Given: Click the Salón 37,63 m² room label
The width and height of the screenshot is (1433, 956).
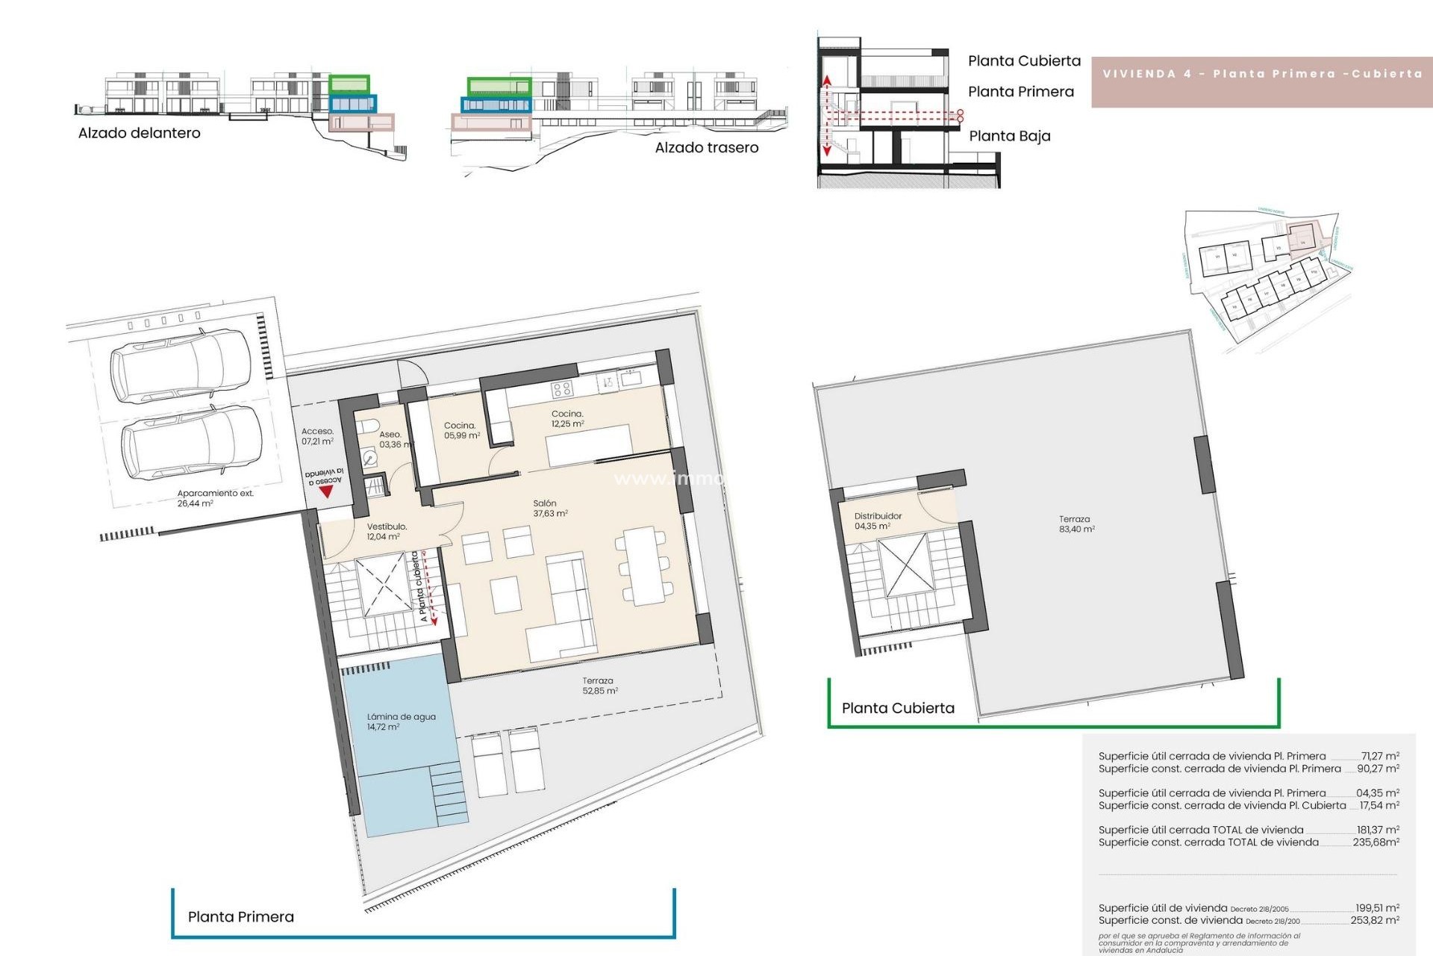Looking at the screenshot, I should coord(550,509).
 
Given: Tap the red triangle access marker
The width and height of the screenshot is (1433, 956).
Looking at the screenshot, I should coord(325,492).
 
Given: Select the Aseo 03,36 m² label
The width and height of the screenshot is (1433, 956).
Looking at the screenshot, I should coord(393,439).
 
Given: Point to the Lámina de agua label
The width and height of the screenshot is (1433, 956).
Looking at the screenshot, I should coord(401,721).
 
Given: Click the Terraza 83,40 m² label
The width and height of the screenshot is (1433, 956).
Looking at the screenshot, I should coord(1075,524).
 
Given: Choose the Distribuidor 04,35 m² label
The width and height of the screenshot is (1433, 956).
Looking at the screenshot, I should coord(877,521).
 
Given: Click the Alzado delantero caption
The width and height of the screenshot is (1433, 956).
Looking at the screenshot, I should coord(140,133).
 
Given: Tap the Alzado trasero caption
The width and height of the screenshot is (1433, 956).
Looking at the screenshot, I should coord(706,148).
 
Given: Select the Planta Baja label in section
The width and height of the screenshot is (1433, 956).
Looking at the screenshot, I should coord(1009,136).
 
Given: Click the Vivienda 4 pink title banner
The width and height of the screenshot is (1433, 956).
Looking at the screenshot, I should coord(1261,74).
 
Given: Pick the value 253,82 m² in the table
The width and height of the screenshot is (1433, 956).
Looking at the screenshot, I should coord(1374,920).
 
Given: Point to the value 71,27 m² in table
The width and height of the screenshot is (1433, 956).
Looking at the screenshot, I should coord(1379,756).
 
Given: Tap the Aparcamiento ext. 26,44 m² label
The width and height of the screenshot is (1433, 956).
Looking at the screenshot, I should coord(215,498).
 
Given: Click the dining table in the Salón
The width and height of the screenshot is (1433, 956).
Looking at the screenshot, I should coord(643,565).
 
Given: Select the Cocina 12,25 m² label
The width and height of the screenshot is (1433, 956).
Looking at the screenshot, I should coord(567,418).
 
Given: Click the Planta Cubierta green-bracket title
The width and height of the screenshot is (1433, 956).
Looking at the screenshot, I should coord(898,708).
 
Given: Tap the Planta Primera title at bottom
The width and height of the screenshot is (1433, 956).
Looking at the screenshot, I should coord(241,916).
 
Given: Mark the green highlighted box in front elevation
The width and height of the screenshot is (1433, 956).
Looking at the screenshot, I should coord(349,83).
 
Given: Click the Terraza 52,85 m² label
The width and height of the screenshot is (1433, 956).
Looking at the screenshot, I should coord(599,686).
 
